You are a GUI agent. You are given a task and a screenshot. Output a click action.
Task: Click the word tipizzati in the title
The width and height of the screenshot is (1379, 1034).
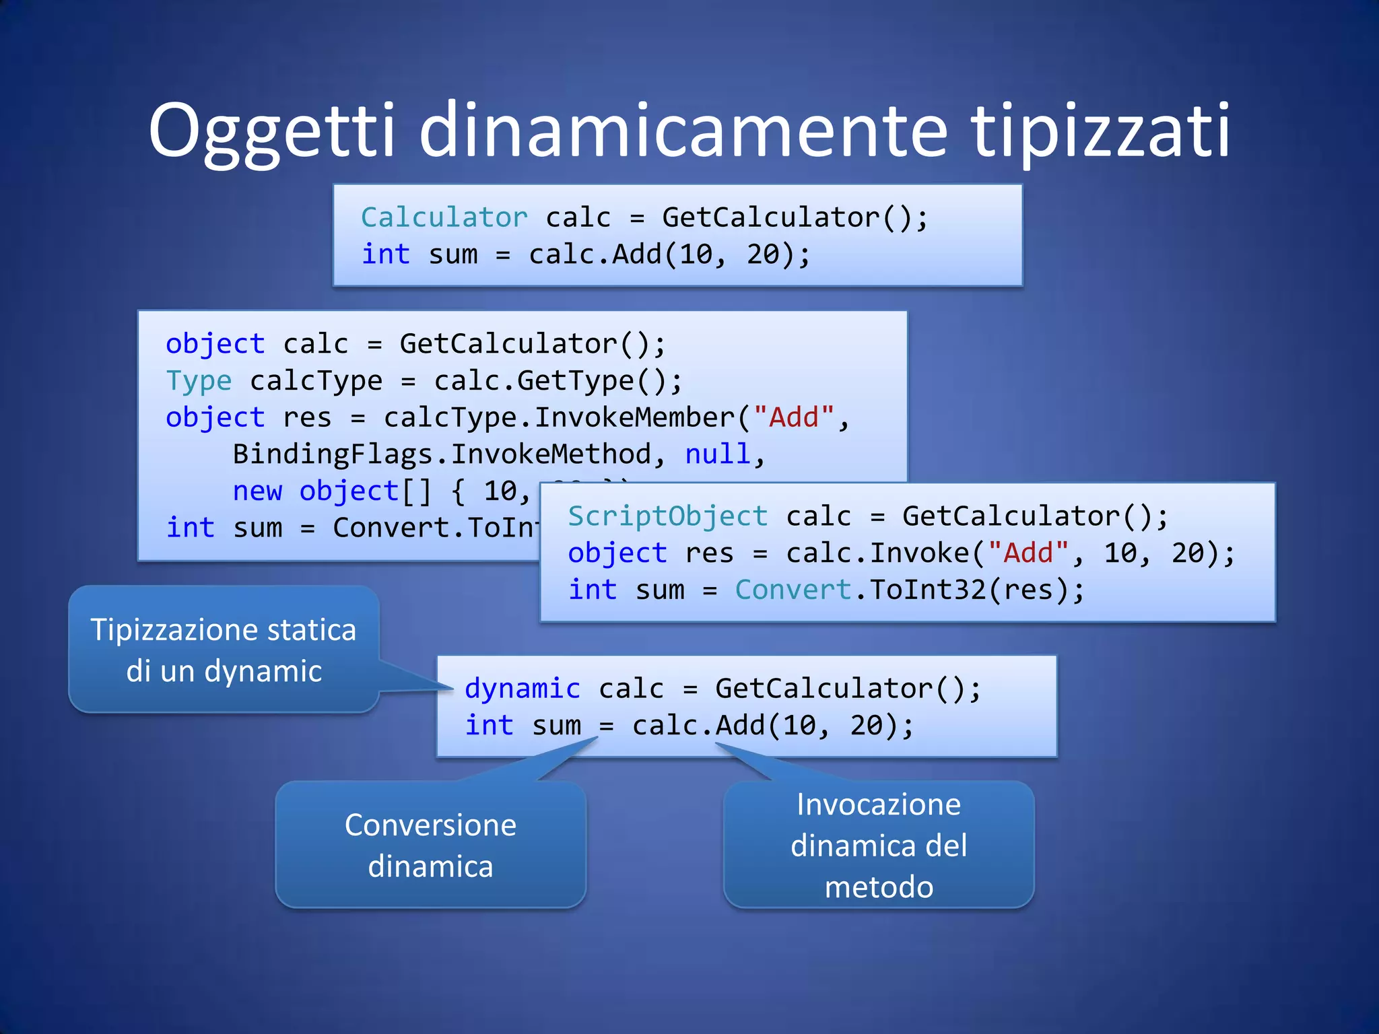[x=1100, y=131]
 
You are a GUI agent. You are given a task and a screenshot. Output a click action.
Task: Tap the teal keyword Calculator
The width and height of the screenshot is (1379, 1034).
[x=444, y=217]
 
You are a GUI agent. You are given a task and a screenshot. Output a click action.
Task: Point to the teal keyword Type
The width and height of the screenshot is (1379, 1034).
[x=199, y=381]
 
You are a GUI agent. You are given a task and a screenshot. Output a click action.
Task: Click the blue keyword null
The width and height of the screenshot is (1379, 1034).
[x=717, y=454]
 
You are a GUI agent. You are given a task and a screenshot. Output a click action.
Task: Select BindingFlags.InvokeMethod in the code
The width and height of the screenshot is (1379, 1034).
[x=442, y=454]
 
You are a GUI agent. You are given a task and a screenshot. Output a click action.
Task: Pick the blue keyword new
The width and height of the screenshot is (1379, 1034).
[x=257, y=491]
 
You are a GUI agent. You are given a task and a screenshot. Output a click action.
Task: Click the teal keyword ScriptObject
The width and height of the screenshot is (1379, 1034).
[x=667, y=516]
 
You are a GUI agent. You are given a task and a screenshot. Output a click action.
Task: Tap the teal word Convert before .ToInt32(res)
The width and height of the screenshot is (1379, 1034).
[x=793, y=590]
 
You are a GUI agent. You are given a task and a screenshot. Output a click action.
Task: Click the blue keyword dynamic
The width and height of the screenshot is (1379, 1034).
[x=522, y=689]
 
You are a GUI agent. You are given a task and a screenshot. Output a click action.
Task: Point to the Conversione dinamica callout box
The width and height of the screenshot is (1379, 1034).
[x=430, y=845]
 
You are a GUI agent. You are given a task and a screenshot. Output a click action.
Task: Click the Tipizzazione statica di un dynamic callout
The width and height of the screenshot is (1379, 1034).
[x=224, y=650]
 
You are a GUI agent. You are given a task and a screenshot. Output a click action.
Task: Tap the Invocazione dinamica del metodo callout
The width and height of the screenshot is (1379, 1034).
[x=879, y=845]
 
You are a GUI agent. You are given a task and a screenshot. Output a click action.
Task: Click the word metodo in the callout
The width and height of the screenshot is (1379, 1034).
[x=879, y=887]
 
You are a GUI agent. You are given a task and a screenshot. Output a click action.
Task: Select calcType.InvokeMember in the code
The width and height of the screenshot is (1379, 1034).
[x=559, y=417]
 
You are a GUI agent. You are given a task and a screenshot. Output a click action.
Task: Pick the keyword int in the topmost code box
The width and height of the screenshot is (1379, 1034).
[x=385, y=254]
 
